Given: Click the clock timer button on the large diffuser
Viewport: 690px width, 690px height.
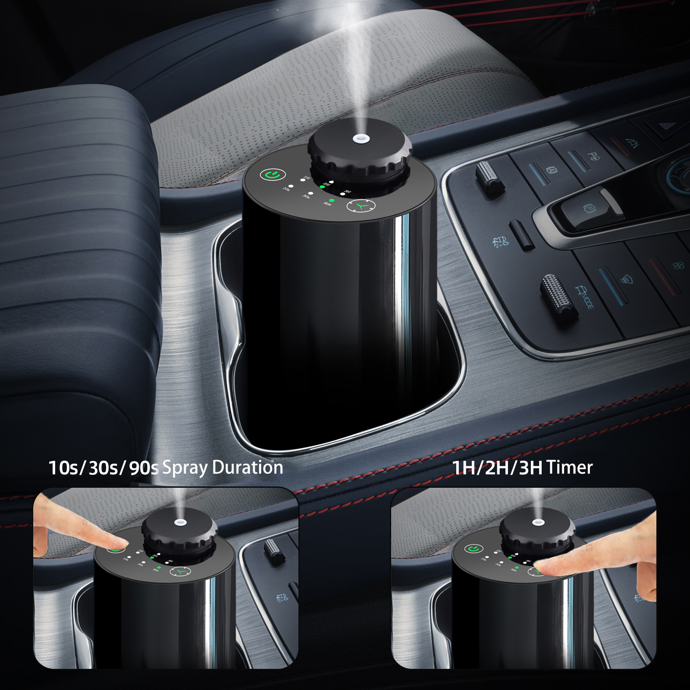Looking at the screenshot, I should coord(361,206).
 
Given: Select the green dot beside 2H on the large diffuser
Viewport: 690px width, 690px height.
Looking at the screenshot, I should coord(322,187).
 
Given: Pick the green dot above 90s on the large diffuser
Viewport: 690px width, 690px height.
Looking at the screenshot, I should coord(331,201).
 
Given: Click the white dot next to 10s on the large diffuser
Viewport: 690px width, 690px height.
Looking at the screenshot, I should coord(291,187).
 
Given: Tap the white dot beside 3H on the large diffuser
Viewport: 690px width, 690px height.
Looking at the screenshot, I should coord(342,194).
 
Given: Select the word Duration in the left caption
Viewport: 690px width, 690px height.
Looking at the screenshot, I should coord(248,467).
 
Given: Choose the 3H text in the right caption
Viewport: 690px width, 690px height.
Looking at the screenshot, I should coord(530,468).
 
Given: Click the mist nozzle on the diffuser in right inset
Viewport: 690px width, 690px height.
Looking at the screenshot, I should coord(537,522).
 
